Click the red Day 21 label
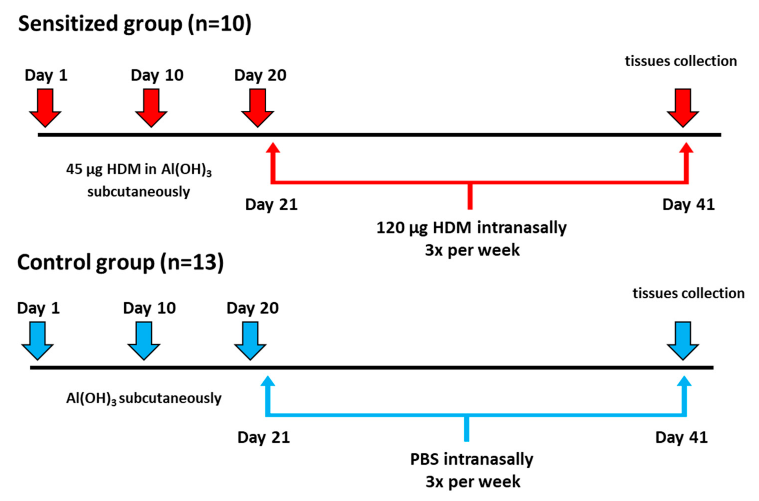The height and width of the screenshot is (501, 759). [x=271, y=204]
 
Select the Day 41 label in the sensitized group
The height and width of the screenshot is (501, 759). [x=688, y=204]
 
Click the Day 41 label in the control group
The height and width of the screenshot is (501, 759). [x=681, y=437]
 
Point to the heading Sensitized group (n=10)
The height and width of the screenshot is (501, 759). [x=135, y=24]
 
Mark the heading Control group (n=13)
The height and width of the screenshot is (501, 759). [x=120, y=262]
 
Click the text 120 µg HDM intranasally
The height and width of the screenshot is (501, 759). [x=471, y=228]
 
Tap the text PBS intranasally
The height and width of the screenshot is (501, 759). [x=471, y=459]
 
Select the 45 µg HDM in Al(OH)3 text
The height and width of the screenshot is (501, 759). [x=139, y=169]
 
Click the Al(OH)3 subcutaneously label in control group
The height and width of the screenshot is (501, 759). [x=144, y=398]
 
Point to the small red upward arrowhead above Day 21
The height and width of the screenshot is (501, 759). [x=273, y=148]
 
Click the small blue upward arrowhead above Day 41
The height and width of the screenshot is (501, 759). [x=684, y=381]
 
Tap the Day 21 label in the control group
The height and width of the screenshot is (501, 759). [x=263, y=437]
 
